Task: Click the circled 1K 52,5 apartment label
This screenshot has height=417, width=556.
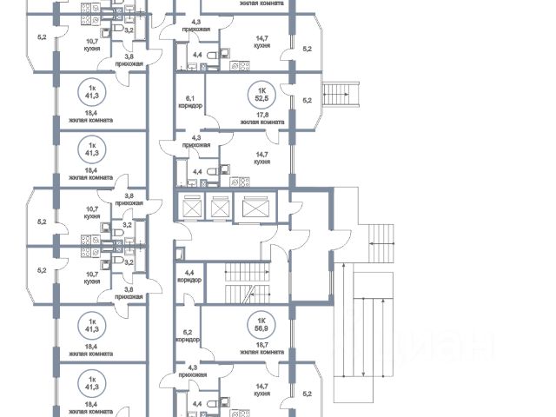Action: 258,93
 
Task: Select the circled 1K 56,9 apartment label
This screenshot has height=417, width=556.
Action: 258,324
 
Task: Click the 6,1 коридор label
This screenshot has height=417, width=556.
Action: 189,103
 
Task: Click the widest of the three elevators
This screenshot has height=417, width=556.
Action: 256,209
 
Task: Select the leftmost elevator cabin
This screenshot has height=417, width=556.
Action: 190,209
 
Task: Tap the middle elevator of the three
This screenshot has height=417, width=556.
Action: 219,209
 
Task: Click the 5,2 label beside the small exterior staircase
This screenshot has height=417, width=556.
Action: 306,100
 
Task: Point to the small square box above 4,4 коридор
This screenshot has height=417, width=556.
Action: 179,254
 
